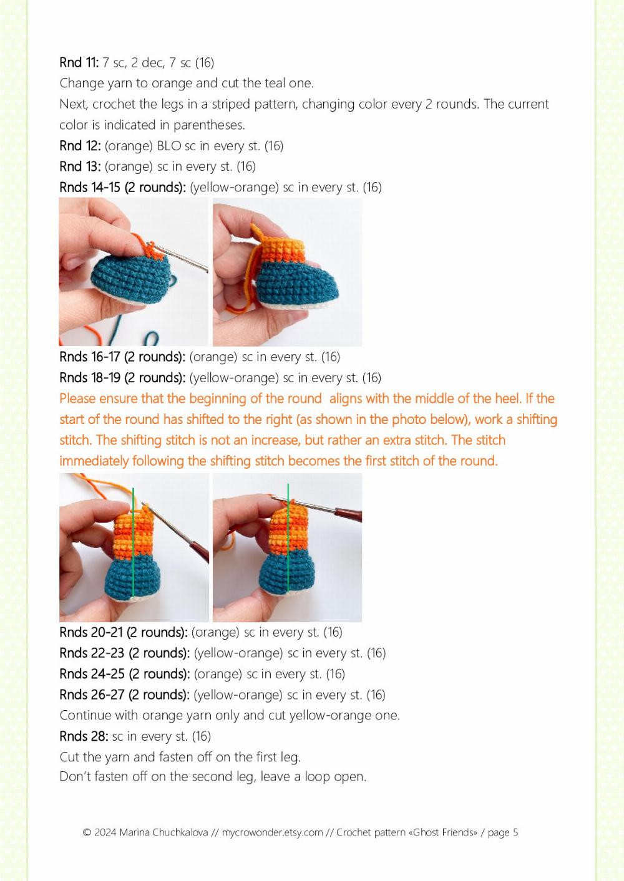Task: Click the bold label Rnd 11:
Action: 79,62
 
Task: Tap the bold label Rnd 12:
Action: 80,146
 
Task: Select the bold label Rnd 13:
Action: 80,166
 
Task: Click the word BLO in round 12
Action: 169,146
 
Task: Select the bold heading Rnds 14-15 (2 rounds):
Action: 122,187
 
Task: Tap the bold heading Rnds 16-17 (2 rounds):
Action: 122,357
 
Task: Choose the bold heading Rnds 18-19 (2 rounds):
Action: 122,378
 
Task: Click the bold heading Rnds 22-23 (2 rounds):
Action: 125,653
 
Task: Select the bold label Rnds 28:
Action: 84,736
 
